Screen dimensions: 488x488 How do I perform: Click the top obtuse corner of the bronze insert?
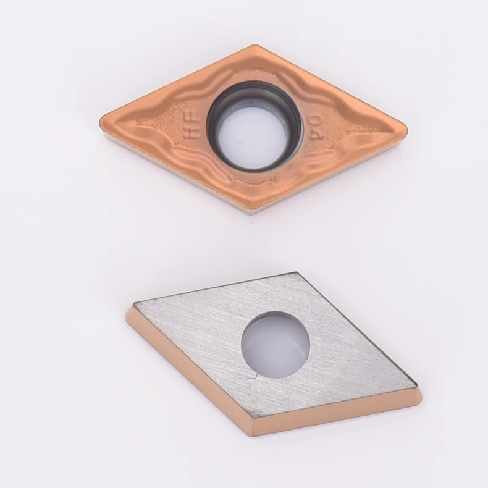tap(252, 45)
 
